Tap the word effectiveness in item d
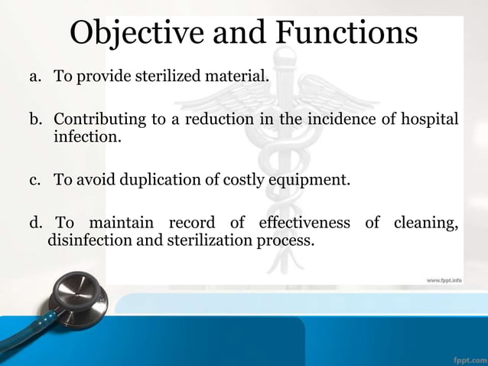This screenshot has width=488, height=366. [x=304, y=224]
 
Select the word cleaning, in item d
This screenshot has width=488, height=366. [x=425, y=224]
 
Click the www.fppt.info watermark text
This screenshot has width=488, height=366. [x=444, y=282]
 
